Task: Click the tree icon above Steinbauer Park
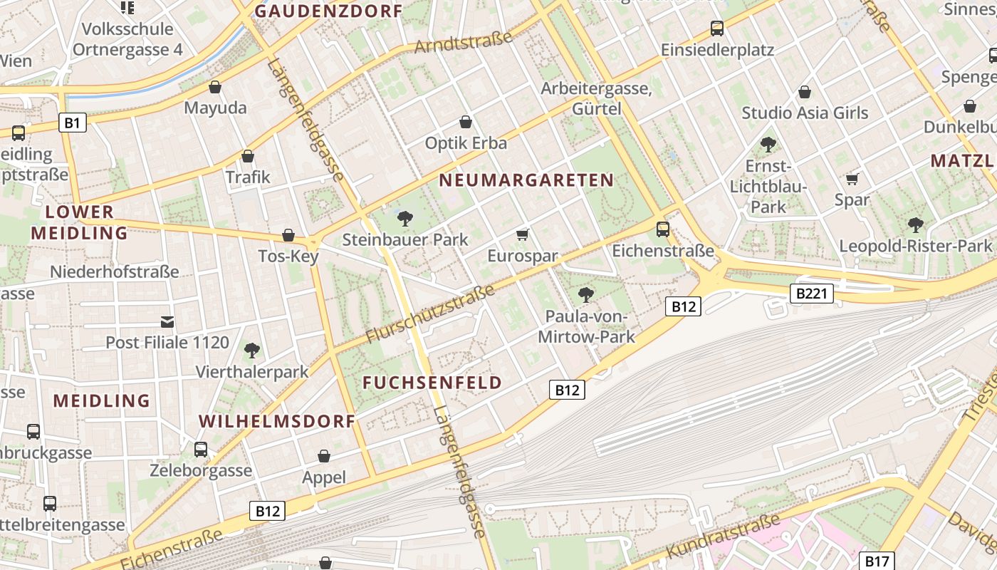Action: (x=405, y=218)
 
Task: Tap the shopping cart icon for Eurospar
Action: (x=523, y=234)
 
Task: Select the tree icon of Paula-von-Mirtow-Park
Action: (x=586, y=294)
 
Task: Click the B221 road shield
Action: (x=811, y=293)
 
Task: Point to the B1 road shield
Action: (x=72, y=123)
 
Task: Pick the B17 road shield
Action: (x=876, y=561)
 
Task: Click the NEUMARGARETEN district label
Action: (x=526, y=180)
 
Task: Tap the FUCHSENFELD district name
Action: (x=432, y=383)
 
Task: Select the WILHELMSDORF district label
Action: (x=277, y=421)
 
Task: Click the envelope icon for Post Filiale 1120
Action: (x=167, y=322)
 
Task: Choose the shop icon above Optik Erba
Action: (x=466, y=123)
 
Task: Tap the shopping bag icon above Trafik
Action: (x=248, y=156)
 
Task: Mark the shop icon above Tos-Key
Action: (x=288, y=235)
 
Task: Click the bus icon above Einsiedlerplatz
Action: (x=717, y=28)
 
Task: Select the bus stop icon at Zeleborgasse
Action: (x=201, y=450)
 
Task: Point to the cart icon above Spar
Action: (x=852, y=178)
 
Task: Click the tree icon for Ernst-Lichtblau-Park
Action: (x=768, y=145)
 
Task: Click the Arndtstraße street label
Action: (x=463, y=43)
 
